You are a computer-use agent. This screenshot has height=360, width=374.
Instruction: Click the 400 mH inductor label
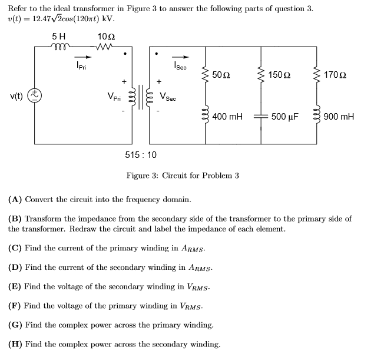pos(227,117)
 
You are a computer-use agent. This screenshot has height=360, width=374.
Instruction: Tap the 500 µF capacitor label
pos(285,117)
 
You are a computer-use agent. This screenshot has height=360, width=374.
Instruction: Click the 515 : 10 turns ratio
pos(141,155)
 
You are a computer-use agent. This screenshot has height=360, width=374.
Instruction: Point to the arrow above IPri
pos(85,57)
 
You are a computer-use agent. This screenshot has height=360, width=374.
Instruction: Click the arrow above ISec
pos(183,57)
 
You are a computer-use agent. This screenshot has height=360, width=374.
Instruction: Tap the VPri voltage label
pos(114,96)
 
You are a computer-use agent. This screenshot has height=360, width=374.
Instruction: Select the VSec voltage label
pos(168,96)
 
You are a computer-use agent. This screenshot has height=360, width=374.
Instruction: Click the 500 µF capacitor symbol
pos(262,116)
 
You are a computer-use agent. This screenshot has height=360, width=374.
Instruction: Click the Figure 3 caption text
pos(183,176)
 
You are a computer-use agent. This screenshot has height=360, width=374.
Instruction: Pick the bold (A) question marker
pos(15,199)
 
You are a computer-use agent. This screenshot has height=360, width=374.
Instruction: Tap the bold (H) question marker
pos(15,344)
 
